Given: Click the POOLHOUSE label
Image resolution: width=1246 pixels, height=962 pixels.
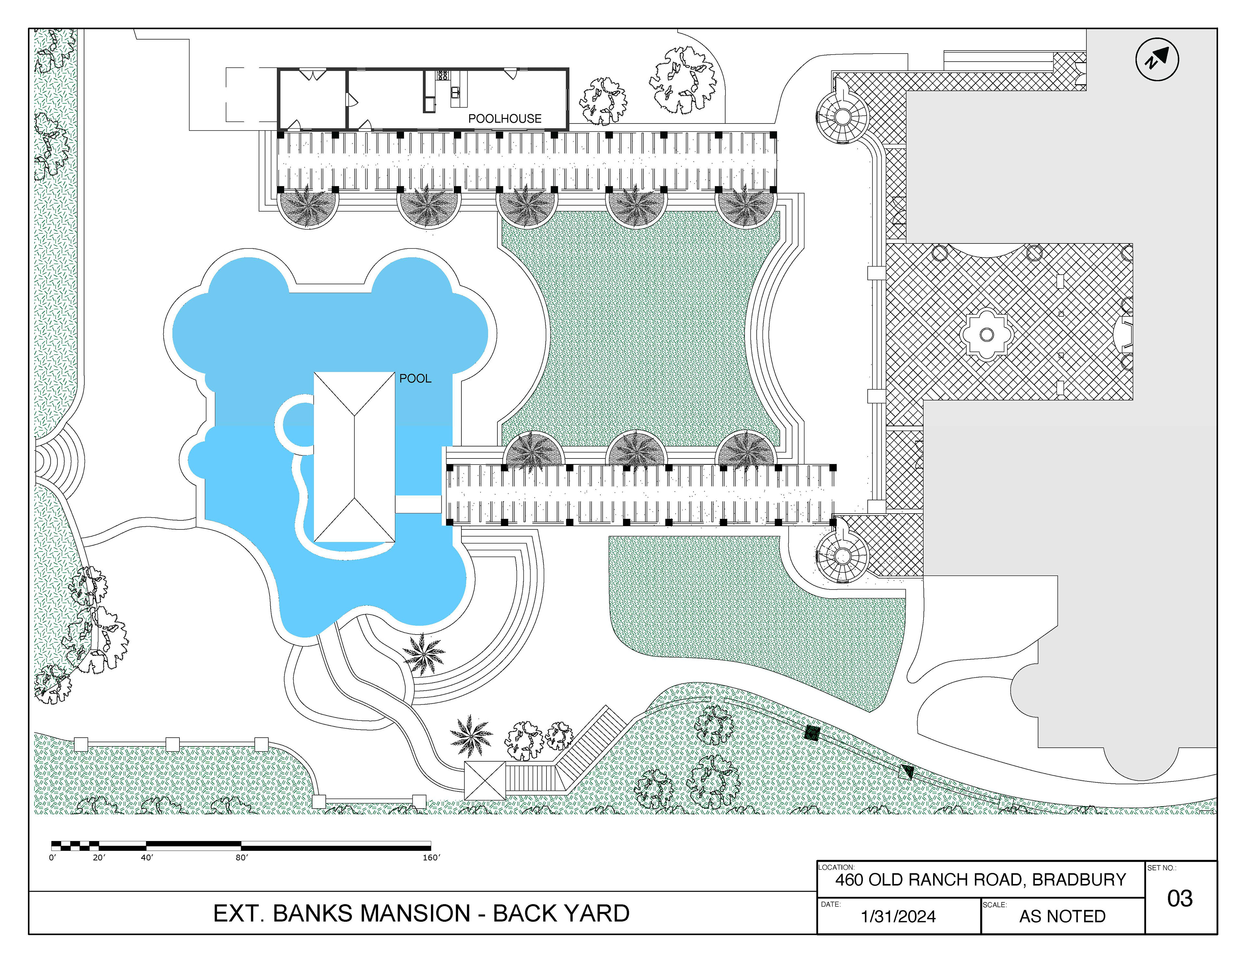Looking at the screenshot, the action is click(505, 119).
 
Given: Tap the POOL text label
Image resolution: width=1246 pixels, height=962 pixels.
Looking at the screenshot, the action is click(415, 379).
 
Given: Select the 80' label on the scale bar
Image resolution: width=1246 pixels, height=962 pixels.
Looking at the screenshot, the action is click(242, 858).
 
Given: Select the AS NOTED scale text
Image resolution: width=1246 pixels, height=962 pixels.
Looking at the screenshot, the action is click(1062, 916).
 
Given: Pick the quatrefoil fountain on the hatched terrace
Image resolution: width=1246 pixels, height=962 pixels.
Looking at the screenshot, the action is click(986, 335).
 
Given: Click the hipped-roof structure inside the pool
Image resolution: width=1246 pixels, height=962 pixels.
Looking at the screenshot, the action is click(354, 457).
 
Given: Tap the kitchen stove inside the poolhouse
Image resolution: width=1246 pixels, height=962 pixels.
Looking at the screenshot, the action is click(442, 75).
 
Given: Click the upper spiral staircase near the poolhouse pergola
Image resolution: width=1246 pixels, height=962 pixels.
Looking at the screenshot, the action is click(842, 117).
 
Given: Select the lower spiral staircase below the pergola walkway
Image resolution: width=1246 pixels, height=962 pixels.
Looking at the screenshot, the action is click(842, 555).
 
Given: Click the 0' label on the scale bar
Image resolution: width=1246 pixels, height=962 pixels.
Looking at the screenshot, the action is click(53, 858).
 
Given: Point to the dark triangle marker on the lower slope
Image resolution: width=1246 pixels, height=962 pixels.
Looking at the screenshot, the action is click(907, 772).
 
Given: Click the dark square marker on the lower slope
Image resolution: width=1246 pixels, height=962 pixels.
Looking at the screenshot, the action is click(812, 733).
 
